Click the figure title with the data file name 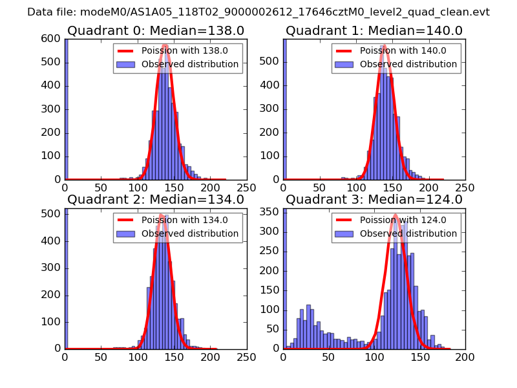click(x=258, y=12)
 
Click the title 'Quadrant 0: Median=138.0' click(x=155, y=30)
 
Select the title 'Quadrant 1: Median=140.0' click(x=374, y=30)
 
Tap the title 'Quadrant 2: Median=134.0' click(x=155, y=199)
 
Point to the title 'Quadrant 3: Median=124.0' click(x=374, y=199)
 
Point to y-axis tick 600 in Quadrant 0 click(x=52, y=39)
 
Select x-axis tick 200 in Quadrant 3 click(x=465, y=356)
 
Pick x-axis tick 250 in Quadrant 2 click(x=246, y=356)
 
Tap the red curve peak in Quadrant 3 click(x=396, y=215)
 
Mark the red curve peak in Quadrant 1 click(x=385, y=46)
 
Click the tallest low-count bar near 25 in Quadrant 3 click(x=308, y=305)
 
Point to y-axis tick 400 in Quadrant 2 click(x=52, y=241)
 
